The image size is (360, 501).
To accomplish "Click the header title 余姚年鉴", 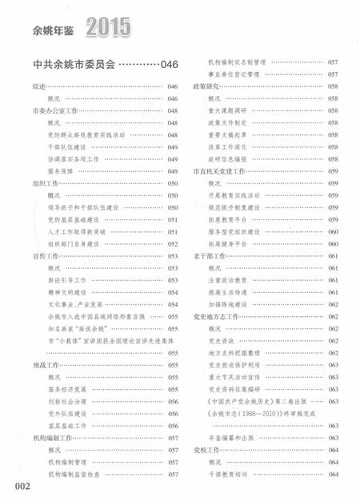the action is (53, 31).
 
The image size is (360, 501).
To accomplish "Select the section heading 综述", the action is (38, 86).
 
